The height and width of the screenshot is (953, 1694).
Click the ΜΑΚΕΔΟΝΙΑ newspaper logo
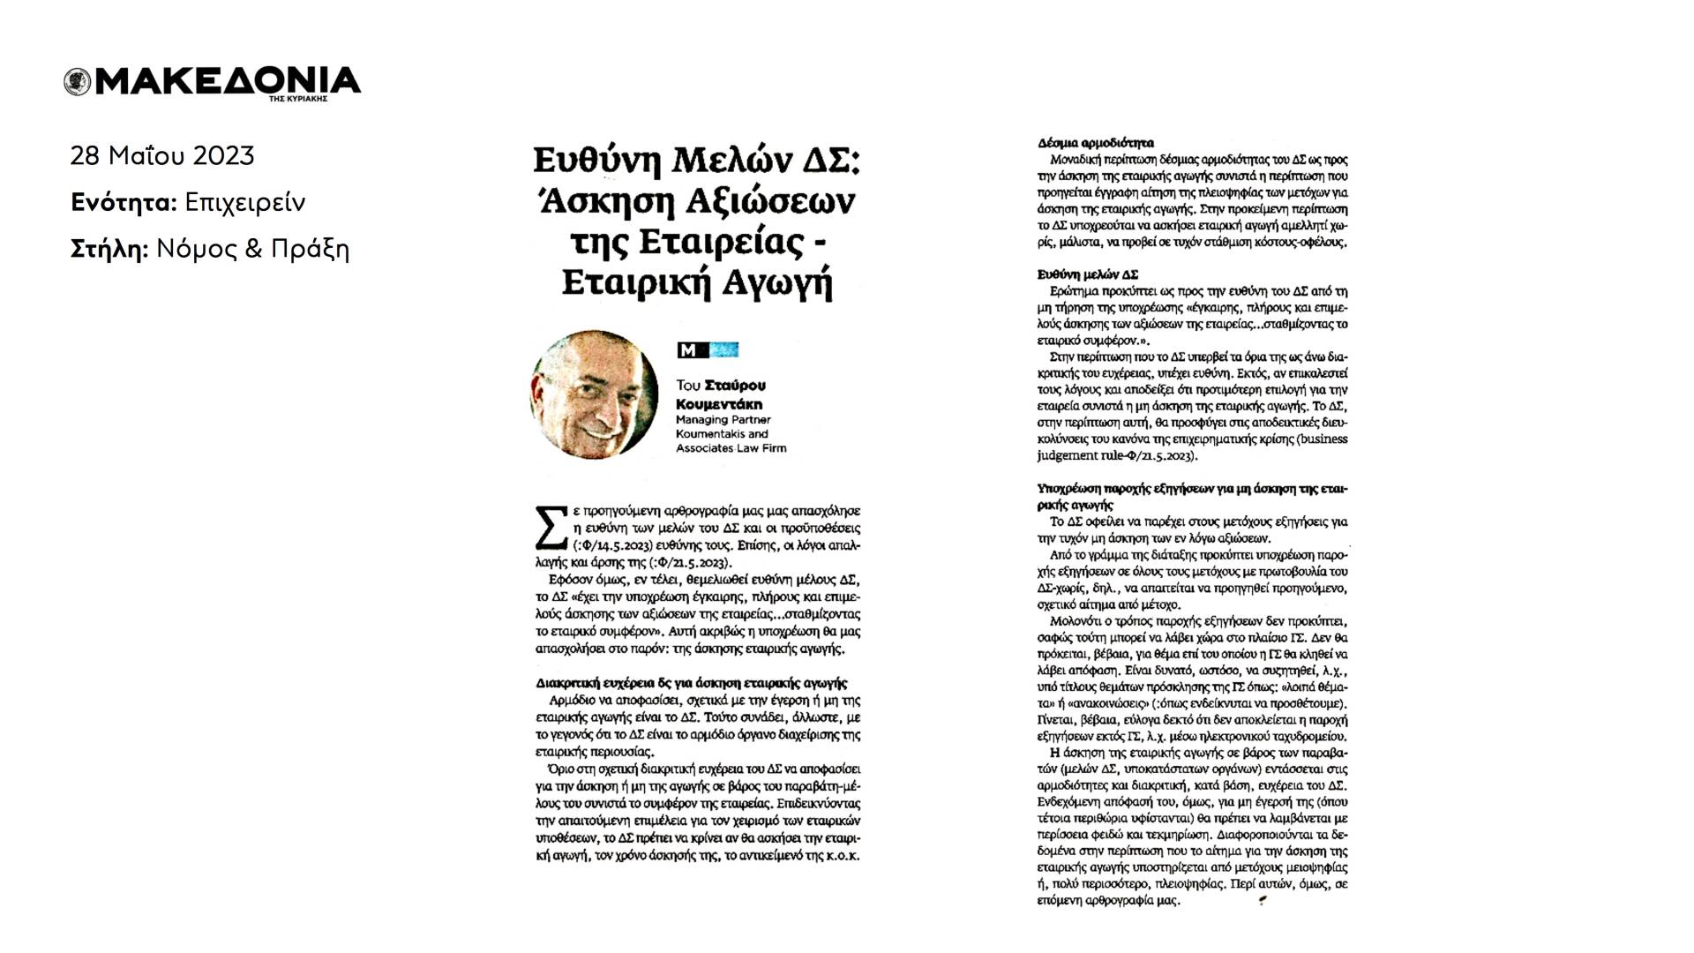226,81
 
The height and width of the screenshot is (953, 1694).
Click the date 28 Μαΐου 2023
162,156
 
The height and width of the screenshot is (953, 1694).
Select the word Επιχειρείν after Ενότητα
244,203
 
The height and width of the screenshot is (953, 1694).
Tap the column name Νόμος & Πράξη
252,250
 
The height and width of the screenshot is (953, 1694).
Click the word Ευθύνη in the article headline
597,162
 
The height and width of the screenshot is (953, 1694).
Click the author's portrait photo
594,394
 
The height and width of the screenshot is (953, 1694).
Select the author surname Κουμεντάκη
719,404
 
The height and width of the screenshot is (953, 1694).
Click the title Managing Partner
723,420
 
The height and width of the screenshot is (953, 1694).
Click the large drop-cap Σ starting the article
551,528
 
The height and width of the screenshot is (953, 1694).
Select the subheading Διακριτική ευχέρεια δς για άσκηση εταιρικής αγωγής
692,683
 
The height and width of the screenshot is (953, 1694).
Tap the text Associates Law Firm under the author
731,448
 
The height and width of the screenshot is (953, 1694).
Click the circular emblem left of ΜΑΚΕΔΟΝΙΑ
78,82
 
